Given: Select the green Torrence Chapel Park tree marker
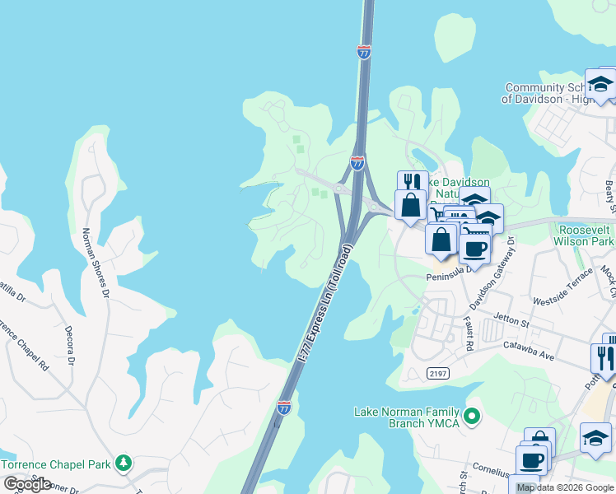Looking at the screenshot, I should point(124,463).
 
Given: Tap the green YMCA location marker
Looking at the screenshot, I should point(472,417).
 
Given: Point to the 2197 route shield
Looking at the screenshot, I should point(439,374).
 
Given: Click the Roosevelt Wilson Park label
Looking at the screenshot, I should point(586,235).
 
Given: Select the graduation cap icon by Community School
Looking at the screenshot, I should point(600,84).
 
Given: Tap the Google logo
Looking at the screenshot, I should point(27,484).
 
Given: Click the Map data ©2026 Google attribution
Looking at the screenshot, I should point(565,487).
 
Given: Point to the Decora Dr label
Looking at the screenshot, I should point(70,345).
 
